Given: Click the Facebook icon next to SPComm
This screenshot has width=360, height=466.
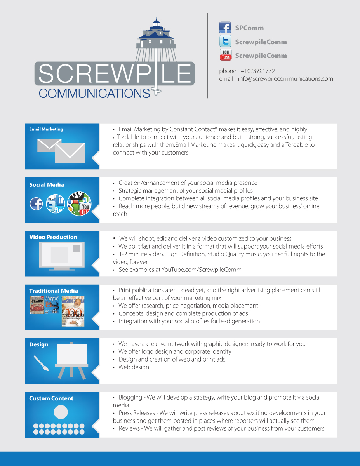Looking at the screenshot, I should [225, 28].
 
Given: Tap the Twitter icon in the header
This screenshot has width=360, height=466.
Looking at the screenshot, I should [225, 41].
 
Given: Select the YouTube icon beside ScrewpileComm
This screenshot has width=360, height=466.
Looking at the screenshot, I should [225, 55].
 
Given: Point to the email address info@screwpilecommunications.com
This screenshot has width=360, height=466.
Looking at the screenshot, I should [285, 79].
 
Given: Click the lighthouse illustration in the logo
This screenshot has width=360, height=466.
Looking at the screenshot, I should [157, 39].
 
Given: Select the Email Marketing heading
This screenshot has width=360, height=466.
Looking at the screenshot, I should [46, 129].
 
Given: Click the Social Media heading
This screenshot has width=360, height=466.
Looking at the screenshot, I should [47, 185].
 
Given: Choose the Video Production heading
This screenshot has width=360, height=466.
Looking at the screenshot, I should [53, 237].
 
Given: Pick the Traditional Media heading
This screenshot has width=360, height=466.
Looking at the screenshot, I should [54, 291].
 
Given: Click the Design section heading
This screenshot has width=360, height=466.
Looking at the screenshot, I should [39, 344].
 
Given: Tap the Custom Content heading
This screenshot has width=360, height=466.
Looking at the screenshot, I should [51, 398].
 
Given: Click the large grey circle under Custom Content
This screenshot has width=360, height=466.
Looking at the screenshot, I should [61, 412].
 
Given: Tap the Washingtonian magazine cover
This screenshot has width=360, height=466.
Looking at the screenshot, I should [73, 311].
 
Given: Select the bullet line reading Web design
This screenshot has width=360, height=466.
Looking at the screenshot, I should [134, 367].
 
